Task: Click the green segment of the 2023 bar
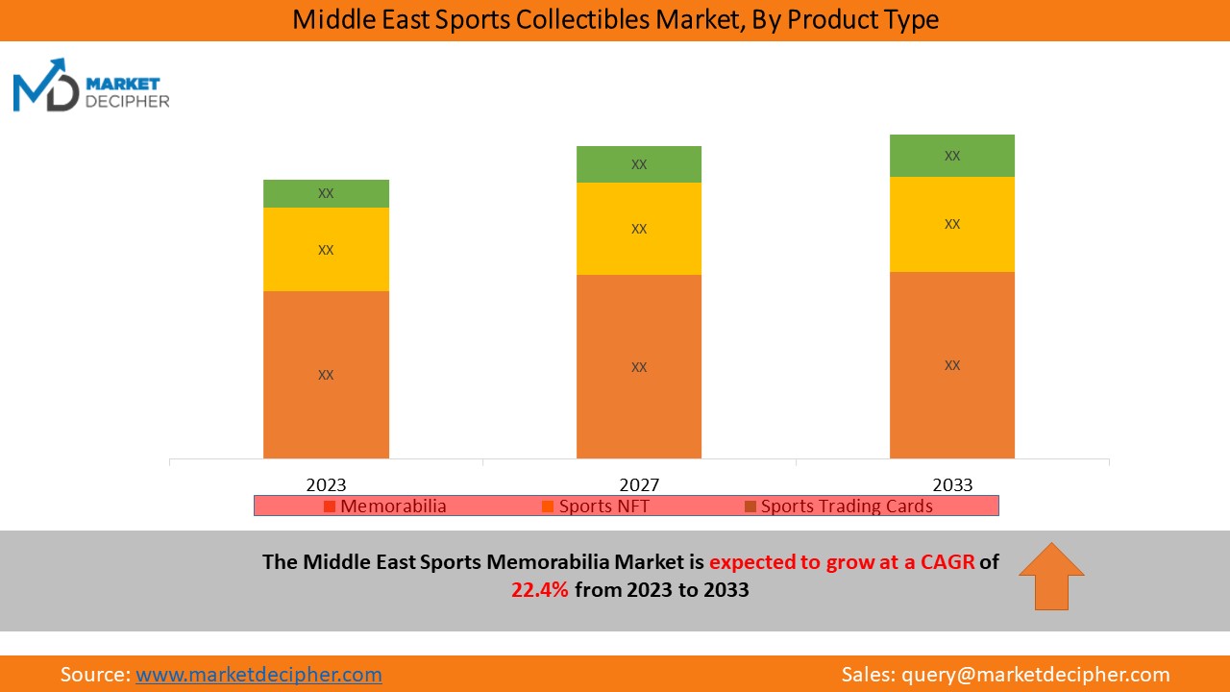(x=326, y=193)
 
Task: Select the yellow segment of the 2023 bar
(x=326, y=249)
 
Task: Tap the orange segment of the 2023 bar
(x=326, y=374)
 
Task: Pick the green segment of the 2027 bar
(x=639, y=164)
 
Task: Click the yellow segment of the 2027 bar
(x=639, y=229)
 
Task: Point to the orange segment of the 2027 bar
(x=639, y=366)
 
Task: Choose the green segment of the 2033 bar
(x=952, y=156)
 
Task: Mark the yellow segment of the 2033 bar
(x=952, y=224)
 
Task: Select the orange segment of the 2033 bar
(x=952, y=364)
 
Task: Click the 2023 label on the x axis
(x=326, y=484)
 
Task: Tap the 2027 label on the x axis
(x=639, y=484)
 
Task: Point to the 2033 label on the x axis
(x=952, y=484)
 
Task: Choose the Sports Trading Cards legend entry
(x=839, y=506)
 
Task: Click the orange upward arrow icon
(x=1051, y=576)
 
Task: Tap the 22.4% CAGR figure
(x=540, y=590)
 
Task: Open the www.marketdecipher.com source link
(x=258, y=675)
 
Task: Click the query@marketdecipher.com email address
(x=1036, y=675)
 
